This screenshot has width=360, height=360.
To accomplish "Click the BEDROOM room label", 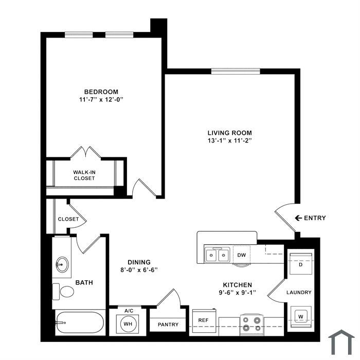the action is (101, 92).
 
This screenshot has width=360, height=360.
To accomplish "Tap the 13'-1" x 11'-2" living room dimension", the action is (229, 140).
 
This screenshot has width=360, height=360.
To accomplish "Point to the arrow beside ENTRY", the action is (298, 218).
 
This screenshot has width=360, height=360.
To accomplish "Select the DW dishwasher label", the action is (242, 255).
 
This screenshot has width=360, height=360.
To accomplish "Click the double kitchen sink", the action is (217, 255).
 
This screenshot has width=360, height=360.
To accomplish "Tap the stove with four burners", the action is (252, 325).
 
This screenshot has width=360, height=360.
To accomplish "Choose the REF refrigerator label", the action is (204, 320).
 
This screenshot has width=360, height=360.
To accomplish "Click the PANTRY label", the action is (168, 325).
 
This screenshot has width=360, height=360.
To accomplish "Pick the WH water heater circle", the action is (128, 323).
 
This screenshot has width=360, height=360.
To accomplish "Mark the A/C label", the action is (129, 311).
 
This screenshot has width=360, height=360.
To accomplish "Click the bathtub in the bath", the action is (80, 322).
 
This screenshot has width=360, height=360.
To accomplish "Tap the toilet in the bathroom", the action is (63, 292).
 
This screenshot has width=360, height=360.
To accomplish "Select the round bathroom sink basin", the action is (62, 264).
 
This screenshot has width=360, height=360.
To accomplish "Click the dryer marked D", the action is (301, 263).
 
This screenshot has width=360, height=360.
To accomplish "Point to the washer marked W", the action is (301, 317).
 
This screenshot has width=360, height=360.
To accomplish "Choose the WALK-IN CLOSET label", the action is (84, 175).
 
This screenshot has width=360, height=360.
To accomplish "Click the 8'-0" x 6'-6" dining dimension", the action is (139, 270).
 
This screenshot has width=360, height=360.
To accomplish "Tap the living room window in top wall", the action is (236, 71).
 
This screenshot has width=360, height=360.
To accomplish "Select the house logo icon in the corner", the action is (341, 343).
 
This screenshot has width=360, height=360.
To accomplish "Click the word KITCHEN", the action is (238, 285).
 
